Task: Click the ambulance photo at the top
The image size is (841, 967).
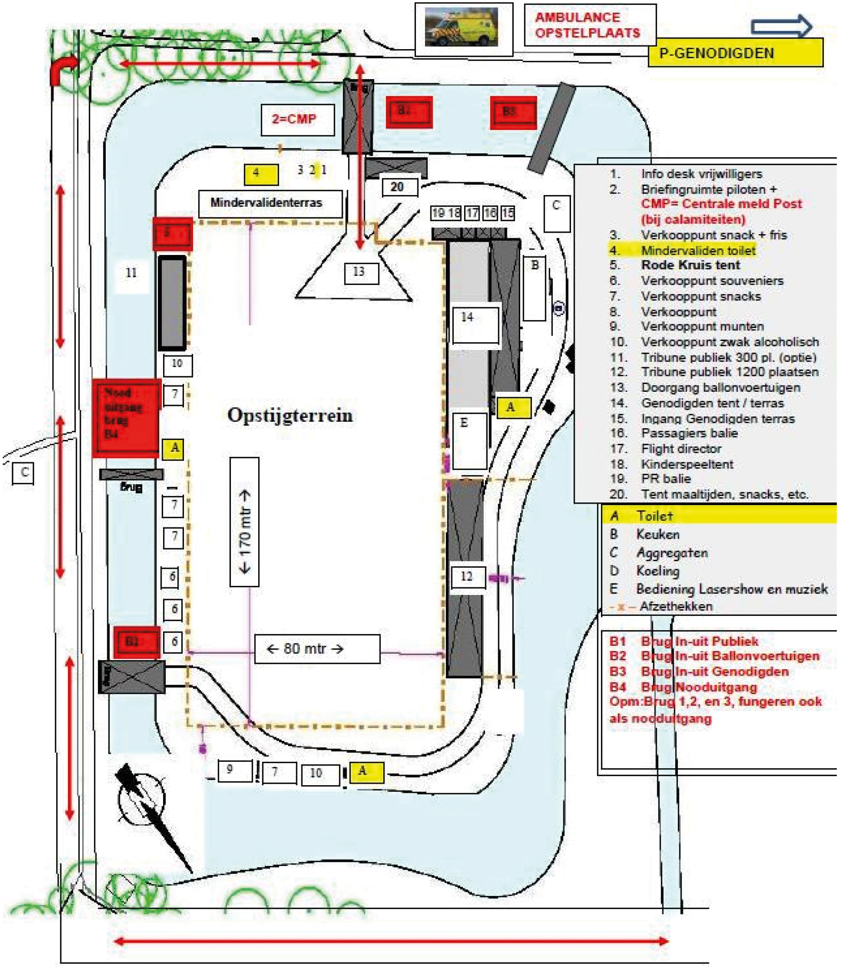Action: [463, 28]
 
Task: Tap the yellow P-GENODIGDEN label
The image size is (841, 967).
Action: [735, 53]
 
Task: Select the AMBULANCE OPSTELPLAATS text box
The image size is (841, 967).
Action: [589, 25]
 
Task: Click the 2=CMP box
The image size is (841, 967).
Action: [297, 119]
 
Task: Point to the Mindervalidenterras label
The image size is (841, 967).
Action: [269, 203]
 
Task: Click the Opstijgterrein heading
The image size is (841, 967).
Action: [290, 415]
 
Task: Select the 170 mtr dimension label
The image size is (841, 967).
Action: [244, 522]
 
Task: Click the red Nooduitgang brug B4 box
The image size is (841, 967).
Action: [126, 417]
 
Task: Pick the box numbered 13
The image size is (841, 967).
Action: [361, 272]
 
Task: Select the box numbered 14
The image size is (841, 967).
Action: [475, 324]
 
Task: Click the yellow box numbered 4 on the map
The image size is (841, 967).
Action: [261, 174]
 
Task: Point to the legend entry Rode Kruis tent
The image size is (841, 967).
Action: [690, 265]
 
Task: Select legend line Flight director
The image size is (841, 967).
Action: [681, 448]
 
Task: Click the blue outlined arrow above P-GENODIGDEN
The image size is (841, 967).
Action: [781, 26]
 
